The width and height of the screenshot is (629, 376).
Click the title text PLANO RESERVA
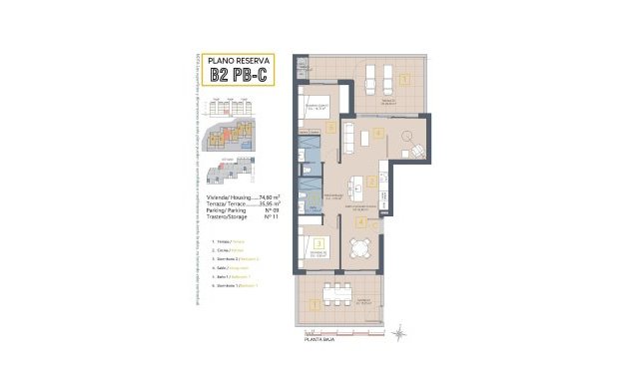point(233,59)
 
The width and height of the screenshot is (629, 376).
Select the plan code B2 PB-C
point(233,76)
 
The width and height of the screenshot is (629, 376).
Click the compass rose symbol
point(400,331)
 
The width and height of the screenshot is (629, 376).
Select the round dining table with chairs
point(408,137)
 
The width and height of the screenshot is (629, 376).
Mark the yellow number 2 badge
point(371,182)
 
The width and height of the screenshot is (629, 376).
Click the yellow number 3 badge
point(317,242)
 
